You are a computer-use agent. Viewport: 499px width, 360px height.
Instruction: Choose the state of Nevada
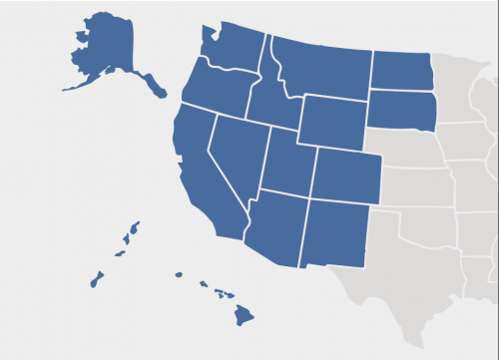tap(239, 150)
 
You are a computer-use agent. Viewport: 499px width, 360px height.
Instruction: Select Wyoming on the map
tap(331, 120)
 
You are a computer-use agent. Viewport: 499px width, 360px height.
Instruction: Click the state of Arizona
tap(273, 227)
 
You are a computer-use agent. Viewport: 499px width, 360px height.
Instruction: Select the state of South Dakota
tap(402, 109)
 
